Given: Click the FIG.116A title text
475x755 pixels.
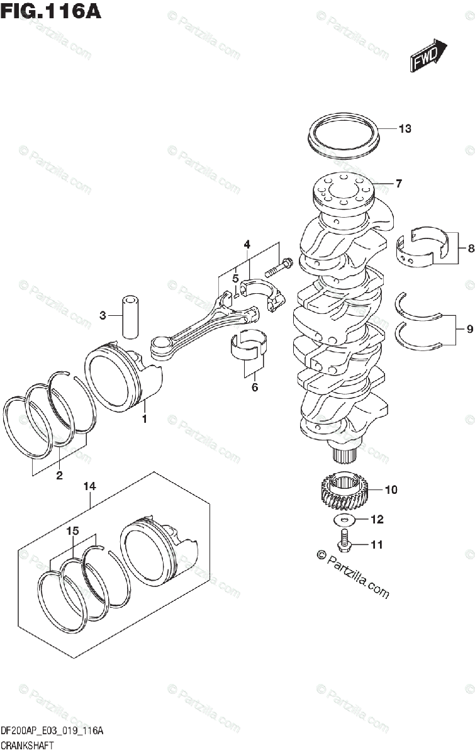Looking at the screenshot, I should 51,12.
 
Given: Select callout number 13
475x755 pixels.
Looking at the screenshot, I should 405,130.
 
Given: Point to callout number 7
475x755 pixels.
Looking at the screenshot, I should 398,184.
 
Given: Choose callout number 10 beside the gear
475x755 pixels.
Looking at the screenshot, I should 391,489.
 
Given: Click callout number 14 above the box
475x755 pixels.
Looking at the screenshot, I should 89,486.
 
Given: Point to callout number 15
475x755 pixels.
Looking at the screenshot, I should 73,531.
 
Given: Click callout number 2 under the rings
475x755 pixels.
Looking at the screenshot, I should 59,476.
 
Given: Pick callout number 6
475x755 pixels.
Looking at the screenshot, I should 254,388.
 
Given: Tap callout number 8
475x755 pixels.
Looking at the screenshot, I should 470,249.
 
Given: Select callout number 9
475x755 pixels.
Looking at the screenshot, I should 470,328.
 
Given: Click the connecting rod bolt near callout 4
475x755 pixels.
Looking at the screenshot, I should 277,268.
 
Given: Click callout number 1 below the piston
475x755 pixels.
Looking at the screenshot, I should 144,419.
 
